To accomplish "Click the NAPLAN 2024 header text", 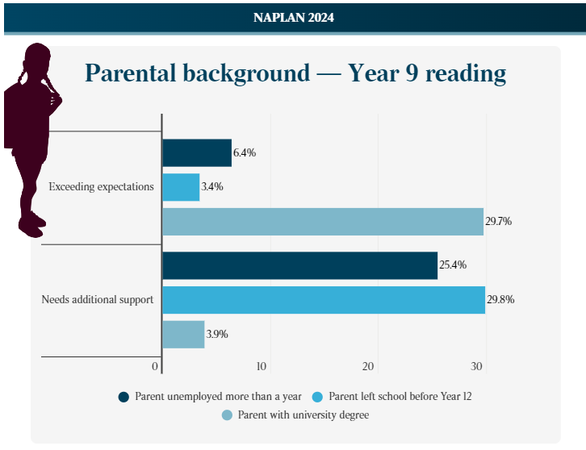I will click(x=293, y=17).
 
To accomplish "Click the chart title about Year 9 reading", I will click(x=295, y=73).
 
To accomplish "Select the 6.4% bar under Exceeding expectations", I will click(x=197, y=152).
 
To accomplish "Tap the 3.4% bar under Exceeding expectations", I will click(x=181, y=187).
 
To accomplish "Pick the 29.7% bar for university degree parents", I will click(x=323, y=221).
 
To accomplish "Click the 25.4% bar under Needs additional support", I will click(x=299, y=265).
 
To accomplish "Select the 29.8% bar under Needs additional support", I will click(x=324, y=299).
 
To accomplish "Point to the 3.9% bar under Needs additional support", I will click(x=183, y=334).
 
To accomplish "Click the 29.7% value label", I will click(x=499, y=221).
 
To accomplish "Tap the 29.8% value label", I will click(x=500, y=299).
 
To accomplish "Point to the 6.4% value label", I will click(x=245, y=152).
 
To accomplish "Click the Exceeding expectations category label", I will click(x=101, y=187).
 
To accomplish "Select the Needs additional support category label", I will click(x=97, y=300).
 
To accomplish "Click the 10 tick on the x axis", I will click(x=262, y=367).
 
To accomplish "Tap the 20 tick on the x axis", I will click(x=369, y=367).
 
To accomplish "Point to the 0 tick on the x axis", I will click(x=154, y=367).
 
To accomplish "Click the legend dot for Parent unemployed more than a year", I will click(x=123, y=396).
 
